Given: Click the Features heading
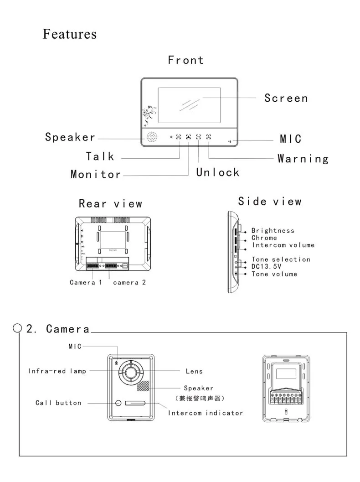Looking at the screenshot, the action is pos(69,34).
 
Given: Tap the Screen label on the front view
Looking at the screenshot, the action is pos(286,98).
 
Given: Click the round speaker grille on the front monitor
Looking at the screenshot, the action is pos(151,137).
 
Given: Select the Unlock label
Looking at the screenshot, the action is pos(218,172).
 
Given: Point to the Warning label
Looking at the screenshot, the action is pos(303,159).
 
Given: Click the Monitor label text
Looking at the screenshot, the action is pos(96,174).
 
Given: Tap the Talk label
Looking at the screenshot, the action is pos(100,156).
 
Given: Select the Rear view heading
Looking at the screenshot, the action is pos(111,203).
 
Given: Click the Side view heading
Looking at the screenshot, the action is pos(270,202).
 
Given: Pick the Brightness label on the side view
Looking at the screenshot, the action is pos(273,231).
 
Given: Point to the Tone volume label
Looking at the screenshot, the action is pos(274,274).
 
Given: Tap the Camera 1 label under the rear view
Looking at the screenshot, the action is pos(86,282).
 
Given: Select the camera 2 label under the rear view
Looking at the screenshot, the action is pos(129,282).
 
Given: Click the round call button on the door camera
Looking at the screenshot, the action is pos(118,403).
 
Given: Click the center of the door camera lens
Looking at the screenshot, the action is pos(130,372).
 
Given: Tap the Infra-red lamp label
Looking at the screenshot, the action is pos(57,371).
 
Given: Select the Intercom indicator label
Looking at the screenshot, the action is pos(205,413).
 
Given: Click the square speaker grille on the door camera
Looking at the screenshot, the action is pos(143,386).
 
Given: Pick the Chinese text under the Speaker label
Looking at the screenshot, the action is pos(200,399).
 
